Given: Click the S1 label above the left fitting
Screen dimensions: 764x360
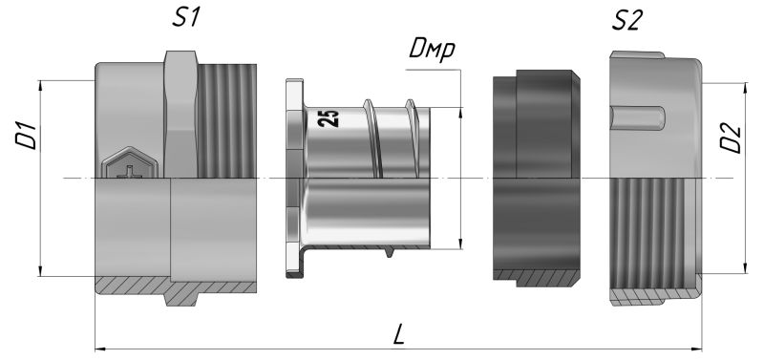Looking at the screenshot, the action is tap(186, 17).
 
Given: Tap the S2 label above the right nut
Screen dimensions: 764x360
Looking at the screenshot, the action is tap(628, 21).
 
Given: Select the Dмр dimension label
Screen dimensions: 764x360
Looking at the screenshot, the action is tap(432, 51).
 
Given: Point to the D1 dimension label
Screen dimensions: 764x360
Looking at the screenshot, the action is tap(27, 136).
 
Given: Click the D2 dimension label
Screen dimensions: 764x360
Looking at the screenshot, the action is tap(732, 139).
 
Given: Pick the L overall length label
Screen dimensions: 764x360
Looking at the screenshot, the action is tap(398, 337).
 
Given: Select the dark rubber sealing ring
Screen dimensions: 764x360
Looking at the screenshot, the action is tap(537, 178).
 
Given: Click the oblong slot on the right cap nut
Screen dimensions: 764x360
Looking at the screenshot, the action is tap(638, 118).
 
